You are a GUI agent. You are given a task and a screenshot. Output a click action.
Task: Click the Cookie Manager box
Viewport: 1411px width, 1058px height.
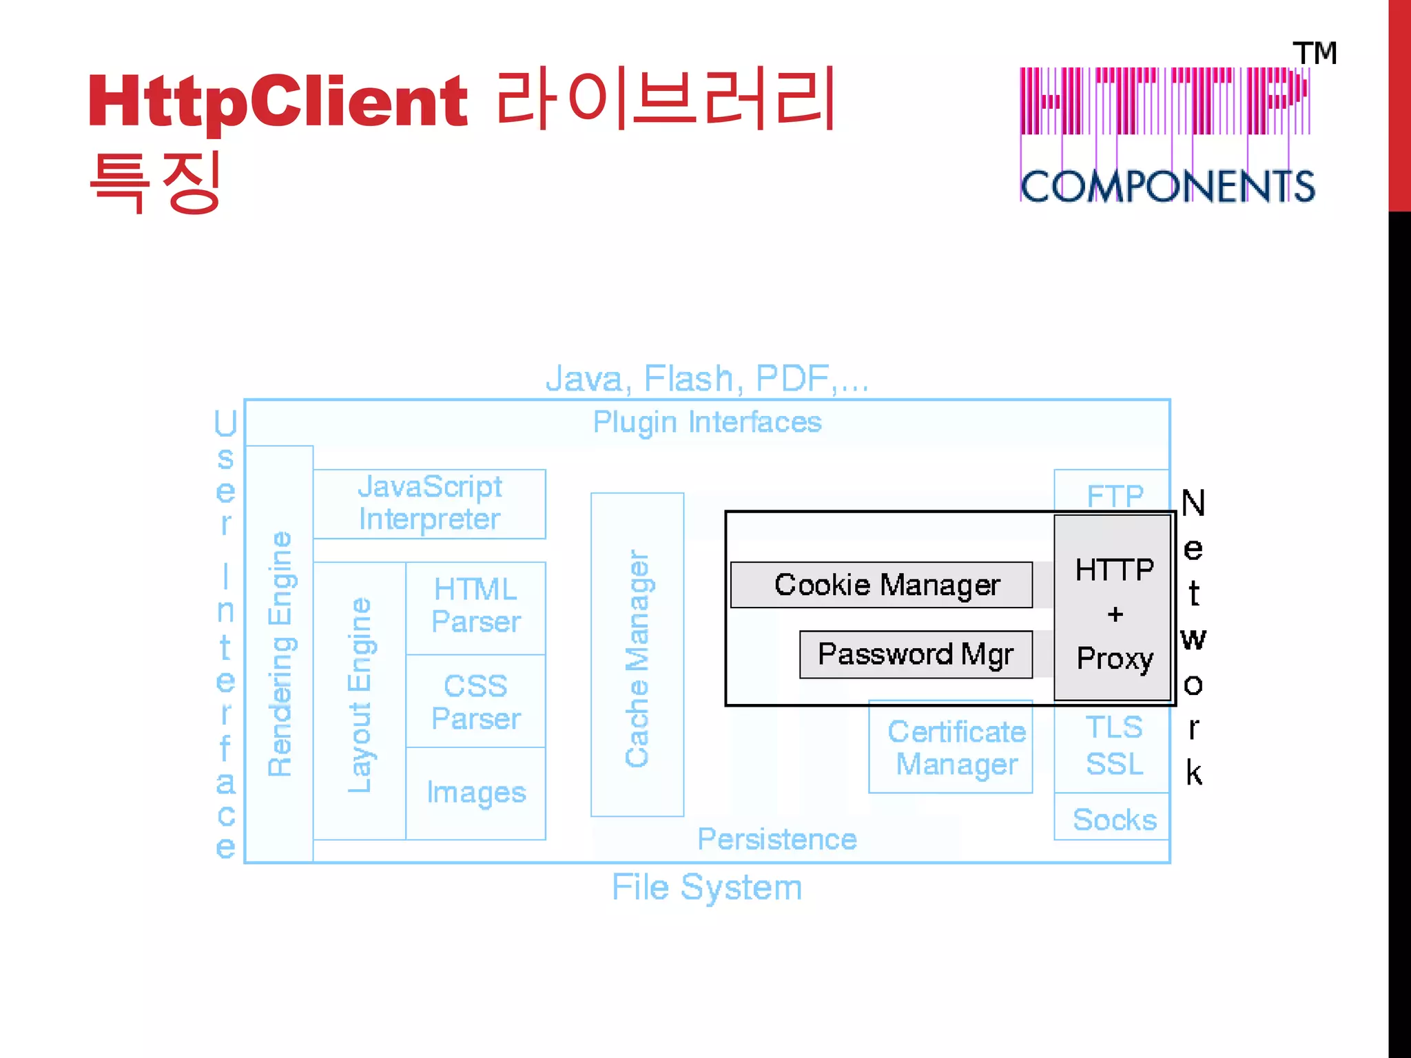coord(881,585)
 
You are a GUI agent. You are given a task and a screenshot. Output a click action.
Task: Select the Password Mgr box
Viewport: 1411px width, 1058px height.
coord(916,654)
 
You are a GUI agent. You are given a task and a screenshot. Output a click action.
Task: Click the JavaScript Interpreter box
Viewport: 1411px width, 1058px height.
coord(429,504)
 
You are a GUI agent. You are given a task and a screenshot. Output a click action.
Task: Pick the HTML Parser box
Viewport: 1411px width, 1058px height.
coord(475,607)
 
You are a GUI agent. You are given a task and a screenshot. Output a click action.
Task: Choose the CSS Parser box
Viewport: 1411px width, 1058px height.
coord(475,702)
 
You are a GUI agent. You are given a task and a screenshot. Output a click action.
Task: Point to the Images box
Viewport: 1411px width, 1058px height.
coord(475,793)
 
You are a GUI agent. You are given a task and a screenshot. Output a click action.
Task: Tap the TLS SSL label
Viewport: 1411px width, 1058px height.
coord(1113,747)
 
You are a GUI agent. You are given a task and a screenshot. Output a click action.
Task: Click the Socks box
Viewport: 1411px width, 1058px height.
coord(1113,820)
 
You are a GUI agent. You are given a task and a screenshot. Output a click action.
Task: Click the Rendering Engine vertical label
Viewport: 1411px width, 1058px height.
coord(280,654)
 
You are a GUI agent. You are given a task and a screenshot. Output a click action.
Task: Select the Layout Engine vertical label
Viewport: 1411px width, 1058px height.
coord(359,696)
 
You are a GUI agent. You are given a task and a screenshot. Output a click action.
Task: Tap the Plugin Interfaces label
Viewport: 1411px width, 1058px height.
coord(707,422)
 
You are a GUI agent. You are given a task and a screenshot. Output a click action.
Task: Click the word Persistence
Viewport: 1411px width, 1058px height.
coord(776,840)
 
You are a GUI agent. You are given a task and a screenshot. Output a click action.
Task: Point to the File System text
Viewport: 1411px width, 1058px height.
coord(707,887)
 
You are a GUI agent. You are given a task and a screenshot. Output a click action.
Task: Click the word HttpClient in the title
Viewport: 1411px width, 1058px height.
coord(278,102)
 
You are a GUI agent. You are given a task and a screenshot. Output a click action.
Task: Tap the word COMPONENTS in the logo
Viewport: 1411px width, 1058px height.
coord(1167,187)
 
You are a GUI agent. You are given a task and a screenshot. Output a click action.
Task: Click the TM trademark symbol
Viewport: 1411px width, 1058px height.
coord(1315,54)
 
